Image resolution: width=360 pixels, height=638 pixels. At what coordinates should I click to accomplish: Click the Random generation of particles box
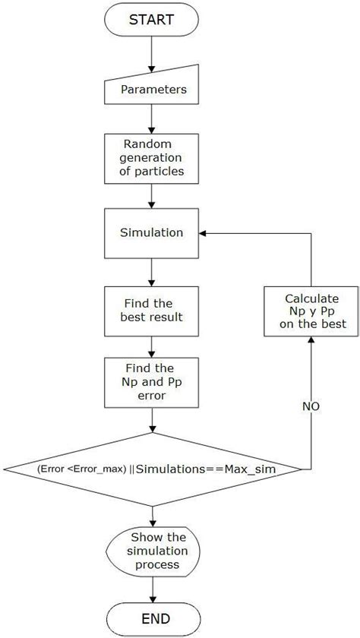153,157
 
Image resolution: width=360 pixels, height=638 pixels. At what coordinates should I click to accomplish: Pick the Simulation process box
153,232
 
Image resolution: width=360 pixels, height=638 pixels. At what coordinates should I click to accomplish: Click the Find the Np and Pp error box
153,382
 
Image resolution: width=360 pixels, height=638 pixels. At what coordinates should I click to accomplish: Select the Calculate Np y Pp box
311,311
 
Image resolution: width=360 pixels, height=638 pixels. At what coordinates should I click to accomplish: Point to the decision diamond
153,470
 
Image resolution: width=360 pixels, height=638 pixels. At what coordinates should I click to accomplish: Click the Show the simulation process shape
153,551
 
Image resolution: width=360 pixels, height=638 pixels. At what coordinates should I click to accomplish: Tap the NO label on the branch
311,406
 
